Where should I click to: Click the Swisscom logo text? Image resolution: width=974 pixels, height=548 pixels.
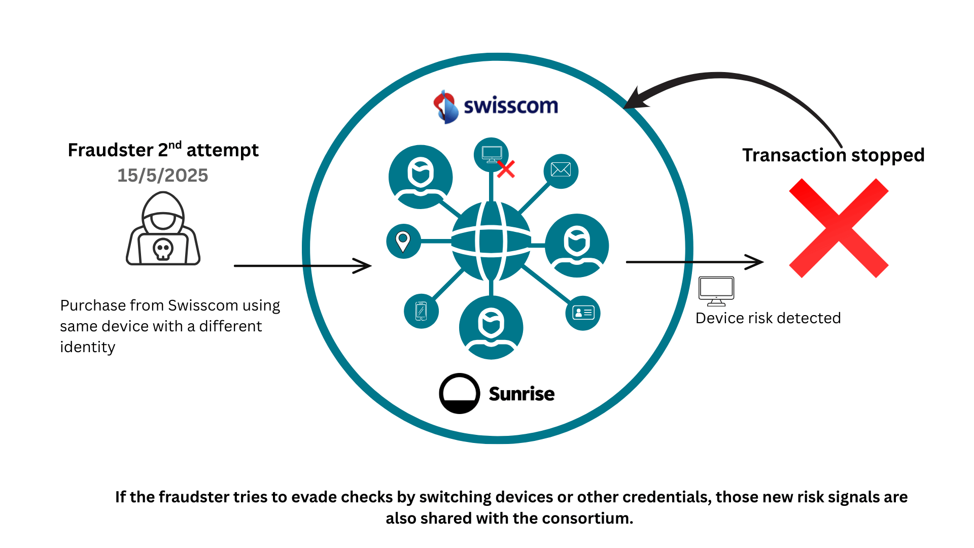(510, 106)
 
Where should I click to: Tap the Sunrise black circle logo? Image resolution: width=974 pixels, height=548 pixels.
(460, 394)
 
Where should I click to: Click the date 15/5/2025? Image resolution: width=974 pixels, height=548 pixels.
(162, 176)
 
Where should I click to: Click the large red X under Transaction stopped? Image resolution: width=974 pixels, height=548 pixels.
(839, 228)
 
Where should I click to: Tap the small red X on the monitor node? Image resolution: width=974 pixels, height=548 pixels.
(506, 169)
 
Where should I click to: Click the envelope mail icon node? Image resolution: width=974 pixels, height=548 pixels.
(561, 170)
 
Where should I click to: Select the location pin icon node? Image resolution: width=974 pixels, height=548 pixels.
(403, 241)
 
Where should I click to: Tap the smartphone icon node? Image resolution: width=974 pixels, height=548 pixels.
(421, 311)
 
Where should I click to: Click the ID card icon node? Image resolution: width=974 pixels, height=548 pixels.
(583, 313)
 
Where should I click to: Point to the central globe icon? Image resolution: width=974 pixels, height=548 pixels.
(491, 242)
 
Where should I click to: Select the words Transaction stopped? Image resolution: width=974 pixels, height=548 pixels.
(833, 155)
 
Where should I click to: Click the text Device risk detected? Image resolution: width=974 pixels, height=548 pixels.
(768, 318)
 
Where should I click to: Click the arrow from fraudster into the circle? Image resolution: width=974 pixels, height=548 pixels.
(302, 265)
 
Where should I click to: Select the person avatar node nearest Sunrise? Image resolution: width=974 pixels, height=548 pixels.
(491, 327)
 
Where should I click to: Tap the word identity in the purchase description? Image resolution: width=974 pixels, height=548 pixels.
(88, 347)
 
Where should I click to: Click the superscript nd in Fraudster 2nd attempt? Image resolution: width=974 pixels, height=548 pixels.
(175, 145)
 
